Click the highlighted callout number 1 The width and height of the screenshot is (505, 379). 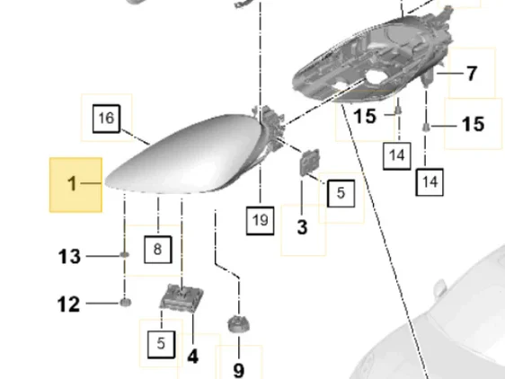pos(73,183)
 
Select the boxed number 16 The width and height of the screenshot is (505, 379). pos(106,119)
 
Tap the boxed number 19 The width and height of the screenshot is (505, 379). pos(261,221)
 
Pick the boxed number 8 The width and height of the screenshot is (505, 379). pos(157,250)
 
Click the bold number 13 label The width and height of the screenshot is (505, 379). pos(69,257)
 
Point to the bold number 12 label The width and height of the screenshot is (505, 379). pos(68,304)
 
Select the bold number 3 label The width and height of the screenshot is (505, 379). pos(302,227)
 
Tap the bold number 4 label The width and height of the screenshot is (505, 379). pos(192,357)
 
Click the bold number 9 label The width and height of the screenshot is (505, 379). pos(239,370)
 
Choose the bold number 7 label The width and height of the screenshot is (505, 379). pos(472,74)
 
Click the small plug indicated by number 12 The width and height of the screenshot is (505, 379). pos(125,303)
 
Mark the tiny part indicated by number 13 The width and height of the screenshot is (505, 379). pos(125,255)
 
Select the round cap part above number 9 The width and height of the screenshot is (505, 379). pos(239,323)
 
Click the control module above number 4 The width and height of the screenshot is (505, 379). pos(182,298)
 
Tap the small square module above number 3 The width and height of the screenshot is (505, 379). pos(310,163)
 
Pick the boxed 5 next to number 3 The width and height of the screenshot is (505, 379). pos(341,193)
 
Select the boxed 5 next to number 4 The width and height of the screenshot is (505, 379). pos(162,344)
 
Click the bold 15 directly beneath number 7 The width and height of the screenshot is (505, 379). pos(474,124)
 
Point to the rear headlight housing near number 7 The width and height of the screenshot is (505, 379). pos(374,59)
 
